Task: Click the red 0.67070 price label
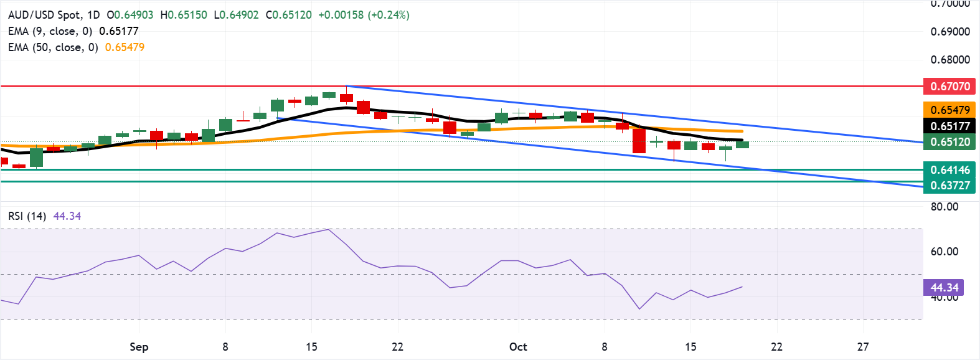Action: coord(949,87)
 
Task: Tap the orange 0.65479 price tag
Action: coord(949,110)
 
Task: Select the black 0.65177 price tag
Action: coord(949,126)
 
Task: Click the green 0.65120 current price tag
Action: coord(949,142)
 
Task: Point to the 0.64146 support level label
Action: coord(949,170)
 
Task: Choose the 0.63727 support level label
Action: coord(949,186)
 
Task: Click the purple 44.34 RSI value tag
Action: coord(944,288)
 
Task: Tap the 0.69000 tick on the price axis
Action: coord(950,32)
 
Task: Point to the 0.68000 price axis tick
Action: coord(950,60)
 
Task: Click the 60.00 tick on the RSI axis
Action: coord(945,252)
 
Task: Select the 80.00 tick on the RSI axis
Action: coord(945,207)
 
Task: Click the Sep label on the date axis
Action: coord(139,347)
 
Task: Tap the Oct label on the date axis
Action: coord(518,347)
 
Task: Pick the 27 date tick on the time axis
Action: coord(862,347)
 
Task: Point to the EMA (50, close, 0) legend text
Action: coord(53,47)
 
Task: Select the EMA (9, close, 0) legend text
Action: coord(50,31)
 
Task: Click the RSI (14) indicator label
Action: coord(27,216)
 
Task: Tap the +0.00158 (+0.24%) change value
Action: coord(364,15)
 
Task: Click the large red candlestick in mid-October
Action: coord(639,140)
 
